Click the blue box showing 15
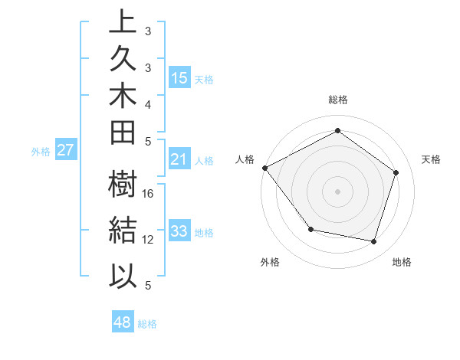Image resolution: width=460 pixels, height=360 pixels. pyautogui.click(x=179, y=77)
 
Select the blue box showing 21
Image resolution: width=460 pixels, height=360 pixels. pyautogui.click(x=179, y=159)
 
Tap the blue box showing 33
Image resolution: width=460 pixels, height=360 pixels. pyautogui.click(x=179, y=231)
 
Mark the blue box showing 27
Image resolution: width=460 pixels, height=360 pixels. pyautogui.click(x=65, y=150)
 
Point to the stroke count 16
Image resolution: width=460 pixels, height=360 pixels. pyautogui.click(x=149, y=194)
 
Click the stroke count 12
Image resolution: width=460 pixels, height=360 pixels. pyautogui.click(x=149, y=240)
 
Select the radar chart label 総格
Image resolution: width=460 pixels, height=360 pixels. pyautogui.click(x=337, y=100)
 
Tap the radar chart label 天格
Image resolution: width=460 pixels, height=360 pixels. pyautogui.click(x=431, y=159)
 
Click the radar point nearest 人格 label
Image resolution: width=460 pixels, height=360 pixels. pyautogui.click(x=264, y=168)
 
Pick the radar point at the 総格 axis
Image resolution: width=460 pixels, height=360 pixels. pyautogui.click(x=337, y=131)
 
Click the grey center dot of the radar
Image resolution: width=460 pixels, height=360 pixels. pyautogui.click(x=337, y=191)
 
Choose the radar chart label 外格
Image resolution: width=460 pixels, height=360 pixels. pyautogui.click(x=270, y=262)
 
